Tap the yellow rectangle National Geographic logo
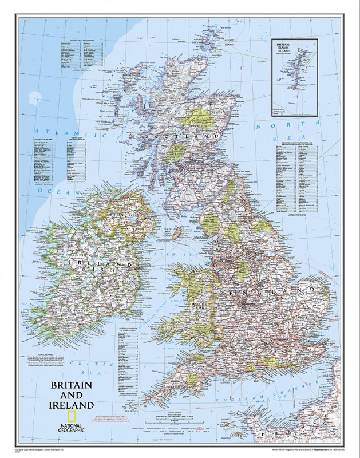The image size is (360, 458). click(x=73, y=417)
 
